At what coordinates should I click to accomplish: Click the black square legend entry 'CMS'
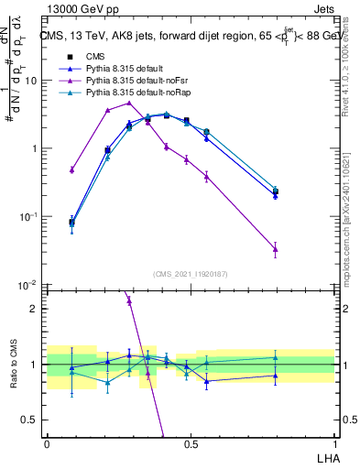(x=97, y=58)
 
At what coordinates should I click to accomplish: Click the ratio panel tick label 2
(x=36, y=309)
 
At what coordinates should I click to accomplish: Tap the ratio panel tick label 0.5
(x=32, y=420)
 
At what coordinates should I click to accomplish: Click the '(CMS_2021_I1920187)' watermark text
(x=191, y=274)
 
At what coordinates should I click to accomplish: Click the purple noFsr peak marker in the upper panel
(x=129, y=103)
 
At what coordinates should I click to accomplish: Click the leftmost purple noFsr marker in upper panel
(x=72, y=169)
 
